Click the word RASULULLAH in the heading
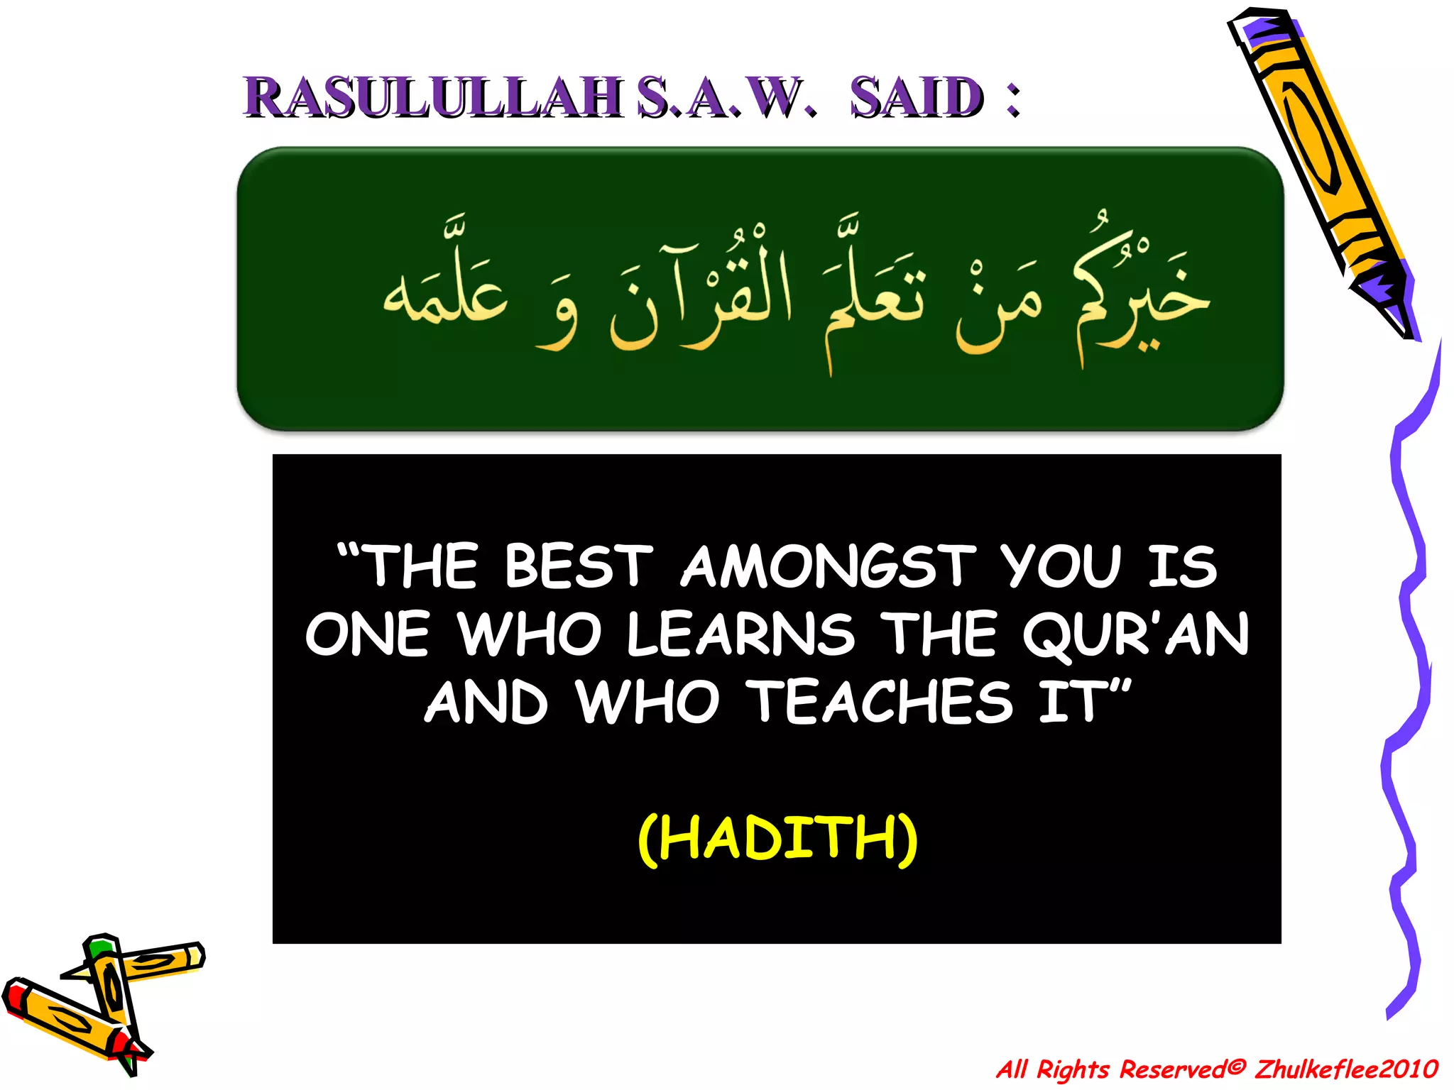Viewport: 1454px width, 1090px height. [x=433, y=97]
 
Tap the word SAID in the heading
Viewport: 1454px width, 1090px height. [x=917, y=97]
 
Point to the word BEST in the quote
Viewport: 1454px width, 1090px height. [x=578, y=566]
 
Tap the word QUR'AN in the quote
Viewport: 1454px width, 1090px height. [x=1136, y=634]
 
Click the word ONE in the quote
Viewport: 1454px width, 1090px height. [x=368, y=634]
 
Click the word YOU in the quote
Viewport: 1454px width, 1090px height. [x=1061, y=566]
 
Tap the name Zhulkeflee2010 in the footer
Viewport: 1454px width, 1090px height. [x=1346, y=1069]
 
